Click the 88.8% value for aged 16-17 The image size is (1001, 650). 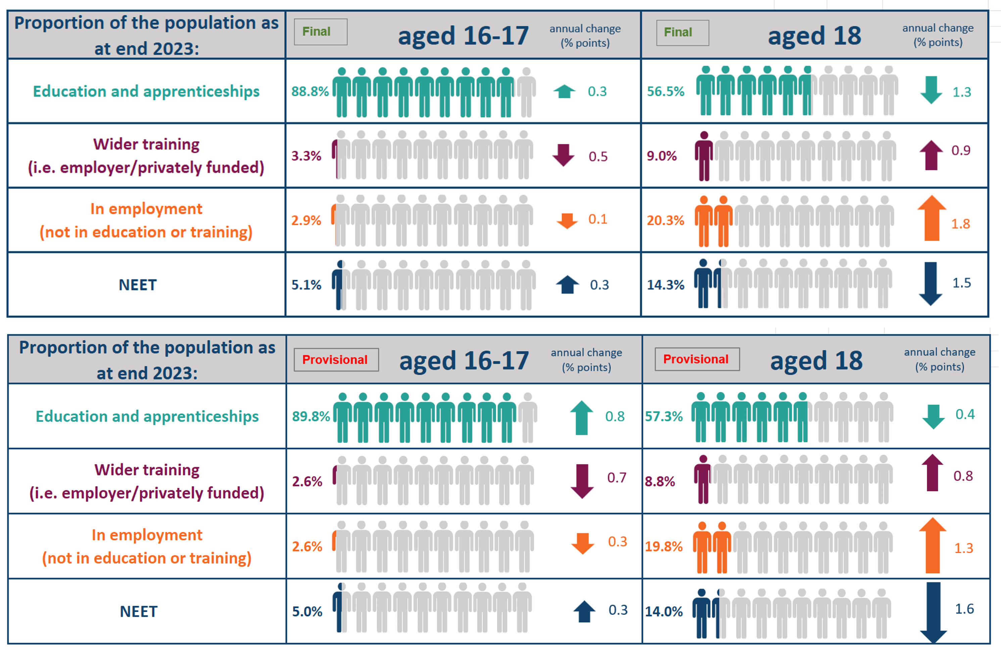(310, 91)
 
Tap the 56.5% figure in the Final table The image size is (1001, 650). (665, 91)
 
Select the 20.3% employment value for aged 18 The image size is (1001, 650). (665, 220)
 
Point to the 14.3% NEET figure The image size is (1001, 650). (665, 285)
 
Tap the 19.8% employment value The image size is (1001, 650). (664, 546)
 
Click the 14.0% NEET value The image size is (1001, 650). (664, 611)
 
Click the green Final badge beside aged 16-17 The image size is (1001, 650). (321, 32)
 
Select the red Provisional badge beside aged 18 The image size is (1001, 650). (697, 359)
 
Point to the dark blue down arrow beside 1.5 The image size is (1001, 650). (931, 283)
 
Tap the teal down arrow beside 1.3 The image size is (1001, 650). (931, 90)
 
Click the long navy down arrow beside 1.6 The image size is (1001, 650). (933, 612)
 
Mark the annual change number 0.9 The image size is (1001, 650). (961, 151)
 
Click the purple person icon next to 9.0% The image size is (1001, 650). (704, 156)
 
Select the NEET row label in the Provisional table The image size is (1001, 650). (139, 611)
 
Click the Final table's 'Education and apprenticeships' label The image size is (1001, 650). (146, 91)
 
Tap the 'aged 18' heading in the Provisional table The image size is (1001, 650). (816, 361)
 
